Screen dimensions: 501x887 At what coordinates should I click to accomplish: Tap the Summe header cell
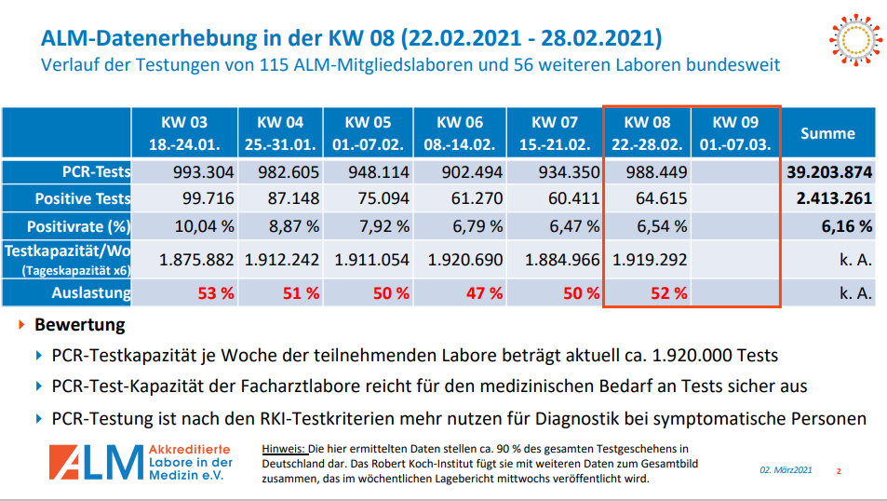(827, 133)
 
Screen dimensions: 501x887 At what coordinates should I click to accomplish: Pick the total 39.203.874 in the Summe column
(828, 172)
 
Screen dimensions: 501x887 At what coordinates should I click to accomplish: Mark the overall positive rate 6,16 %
(845, 225)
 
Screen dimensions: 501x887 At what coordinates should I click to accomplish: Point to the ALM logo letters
(96, 463)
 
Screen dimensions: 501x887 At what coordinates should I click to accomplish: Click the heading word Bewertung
(79, 326)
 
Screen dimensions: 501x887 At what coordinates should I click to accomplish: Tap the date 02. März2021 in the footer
(786, 469)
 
